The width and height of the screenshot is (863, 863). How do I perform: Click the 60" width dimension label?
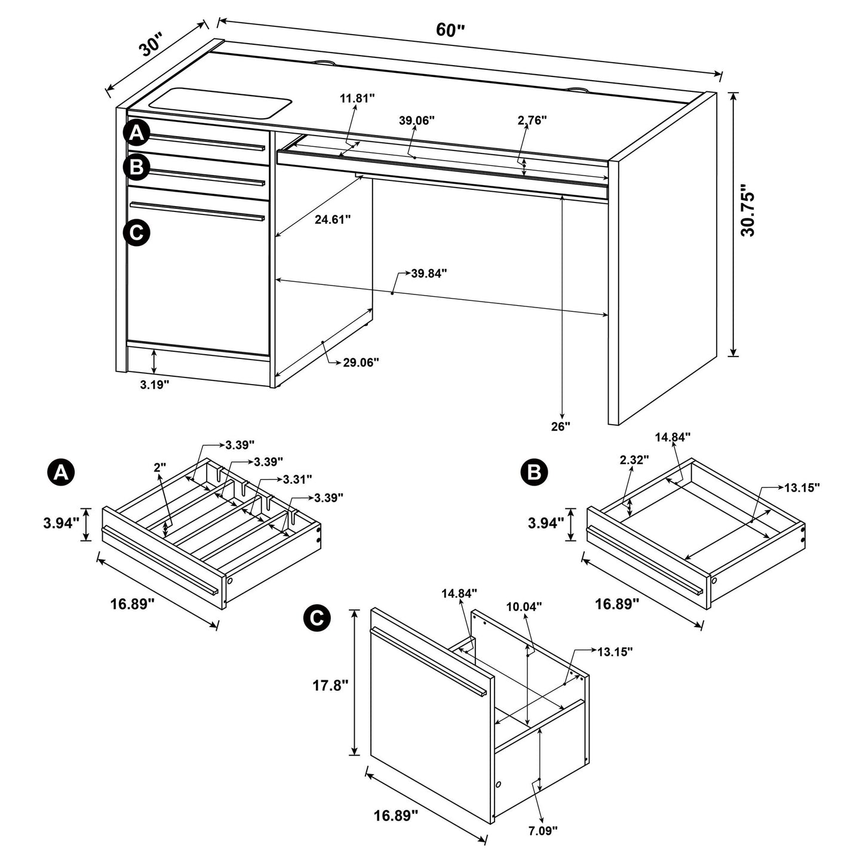[x=450, y=30]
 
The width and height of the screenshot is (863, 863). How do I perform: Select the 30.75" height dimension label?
[x=748, y=214]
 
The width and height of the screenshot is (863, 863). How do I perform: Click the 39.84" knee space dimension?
[x=429, y=274]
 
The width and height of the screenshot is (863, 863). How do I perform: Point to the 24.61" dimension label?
[x=333, y=220]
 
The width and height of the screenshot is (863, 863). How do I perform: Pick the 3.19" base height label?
[x=155, y=385]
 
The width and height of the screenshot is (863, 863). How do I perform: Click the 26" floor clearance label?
[x=561, y=426]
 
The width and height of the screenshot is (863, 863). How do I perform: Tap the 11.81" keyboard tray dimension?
[x=357, y=98]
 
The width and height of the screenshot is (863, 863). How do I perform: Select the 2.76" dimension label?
[x=532, y=120]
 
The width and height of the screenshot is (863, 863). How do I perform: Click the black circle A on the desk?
[x=137, y=134]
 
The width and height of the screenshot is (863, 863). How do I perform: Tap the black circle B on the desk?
[x=137, y=167]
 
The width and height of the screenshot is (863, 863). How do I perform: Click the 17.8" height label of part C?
[x=329, y=685]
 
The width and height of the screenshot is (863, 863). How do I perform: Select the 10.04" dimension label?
[x=524, y=607]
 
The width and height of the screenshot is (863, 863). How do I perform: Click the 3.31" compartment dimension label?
[x=297, y=479]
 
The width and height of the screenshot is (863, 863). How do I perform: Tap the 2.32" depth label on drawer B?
[x=634, y=460]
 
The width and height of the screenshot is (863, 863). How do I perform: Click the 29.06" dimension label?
[x=361, y=362]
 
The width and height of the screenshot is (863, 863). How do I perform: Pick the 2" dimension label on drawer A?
[x=159, y=468]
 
